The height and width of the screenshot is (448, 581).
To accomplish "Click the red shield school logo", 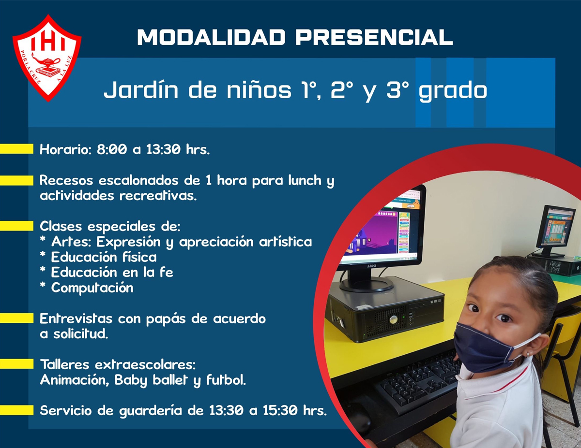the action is tap(47, 58).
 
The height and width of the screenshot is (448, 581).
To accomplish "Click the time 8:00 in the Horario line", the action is tap(112, 149).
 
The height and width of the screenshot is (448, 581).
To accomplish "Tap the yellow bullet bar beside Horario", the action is tap(16, 149).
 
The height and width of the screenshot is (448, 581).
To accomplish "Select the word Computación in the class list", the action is tap(92, 288).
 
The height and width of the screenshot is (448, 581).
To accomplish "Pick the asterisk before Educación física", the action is tap(43, 255).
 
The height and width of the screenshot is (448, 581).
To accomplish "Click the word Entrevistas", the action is tap(76, 318).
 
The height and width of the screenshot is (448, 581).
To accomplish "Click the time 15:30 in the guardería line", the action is tap(280, 411).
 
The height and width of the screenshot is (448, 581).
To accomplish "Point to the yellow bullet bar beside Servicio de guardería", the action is tap(16, 410).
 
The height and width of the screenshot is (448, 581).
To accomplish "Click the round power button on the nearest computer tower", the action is tap(393, 319).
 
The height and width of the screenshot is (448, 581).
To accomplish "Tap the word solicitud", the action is tap(80, 334).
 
